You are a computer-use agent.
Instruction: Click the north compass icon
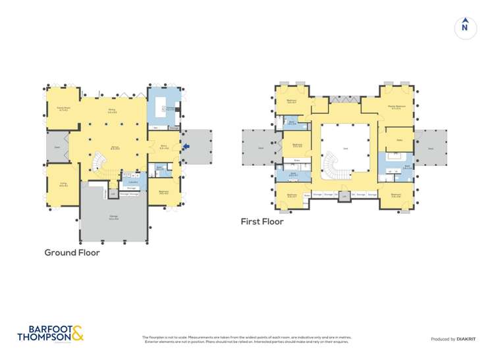click(x=465, y=27)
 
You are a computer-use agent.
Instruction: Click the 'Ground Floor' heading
click(x=72, y=253)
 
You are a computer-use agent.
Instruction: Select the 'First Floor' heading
click(x=262, y=222)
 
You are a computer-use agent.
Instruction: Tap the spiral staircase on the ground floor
click(x=101, y=163)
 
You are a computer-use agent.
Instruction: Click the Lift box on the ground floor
click(x=113, y=193)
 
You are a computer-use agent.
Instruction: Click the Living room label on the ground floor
click(x=63, y=185)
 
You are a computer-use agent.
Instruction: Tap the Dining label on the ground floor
click(x=111, y=111)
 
